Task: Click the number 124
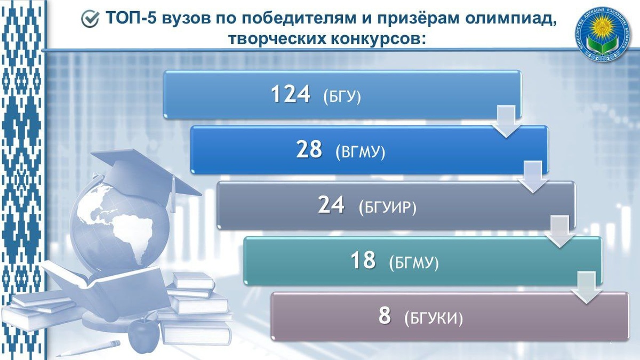coord(291,94)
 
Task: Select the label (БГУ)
coord(342,97)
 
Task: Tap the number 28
coord(309,150)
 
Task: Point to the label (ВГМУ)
coord(360,153)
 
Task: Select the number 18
coord(363,261)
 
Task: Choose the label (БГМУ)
coord(414,263)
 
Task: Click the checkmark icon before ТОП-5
coord(90,19)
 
